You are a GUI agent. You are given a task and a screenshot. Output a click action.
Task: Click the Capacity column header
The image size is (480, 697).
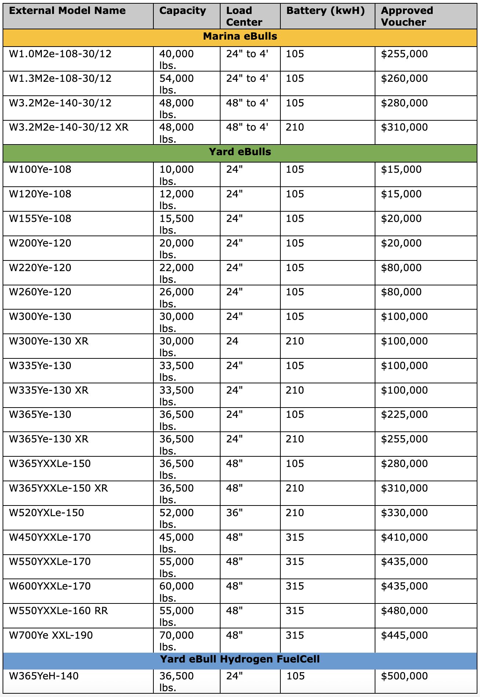pos(182,11)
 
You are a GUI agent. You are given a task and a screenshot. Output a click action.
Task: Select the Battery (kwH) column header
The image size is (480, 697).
pos(326,11)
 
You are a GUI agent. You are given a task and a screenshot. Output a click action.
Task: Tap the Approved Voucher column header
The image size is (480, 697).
pos(407,16)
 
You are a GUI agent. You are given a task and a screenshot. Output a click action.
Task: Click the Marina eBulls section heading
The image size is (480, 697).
pos(240,37)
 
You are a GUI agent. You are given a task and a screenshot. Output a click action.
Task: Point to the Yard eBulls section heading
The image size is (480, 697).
pos(240,152)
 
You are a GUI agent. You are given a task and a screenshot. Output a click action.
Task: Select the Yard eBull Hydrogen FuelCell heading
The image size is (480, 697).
pos(240,659)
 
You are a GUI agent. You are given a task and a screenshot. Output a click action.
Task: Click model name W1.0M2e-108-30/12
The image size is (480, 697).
pos(60,54)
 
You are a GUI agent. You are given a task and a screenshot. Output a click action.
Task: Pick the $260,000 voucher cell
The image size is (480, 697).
pos(404,79)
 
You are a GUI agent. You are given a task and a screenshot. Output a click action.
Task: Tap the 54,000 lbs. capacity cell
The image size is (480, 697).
pos(176,84)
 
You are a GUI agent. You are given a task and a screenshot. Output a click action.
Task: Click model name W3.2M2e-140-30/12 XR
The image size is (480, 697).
pos(69,127)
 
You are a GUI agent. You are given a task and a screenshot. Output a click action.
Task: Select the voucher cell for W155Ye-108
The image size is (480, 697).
pos(401,219)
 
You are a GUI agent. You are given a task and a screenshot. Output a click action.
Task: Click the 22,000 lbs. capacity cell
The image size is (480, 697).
pos(176,273)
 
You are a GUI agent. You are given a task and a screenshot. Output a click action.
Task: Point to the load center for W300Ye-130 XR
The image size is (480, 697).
pos(232,341)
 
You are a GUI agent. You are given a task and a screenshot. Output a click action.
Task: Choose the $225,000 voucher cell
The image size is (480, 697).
pos(404,415)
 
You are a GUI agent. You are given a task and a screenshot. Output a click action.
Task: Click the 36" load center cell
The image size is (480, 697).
pos(234,512)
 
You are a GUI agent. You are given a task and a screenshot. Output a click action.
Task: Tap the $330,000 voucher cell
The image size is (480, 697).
pos(404,512)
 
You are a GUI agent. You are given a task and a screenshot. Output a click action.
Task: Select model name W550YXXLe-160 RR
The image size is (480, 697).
pos(58,611)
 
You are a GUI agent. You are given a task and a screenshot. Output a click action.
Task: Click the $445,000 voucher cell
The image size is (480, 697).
pos(404,635)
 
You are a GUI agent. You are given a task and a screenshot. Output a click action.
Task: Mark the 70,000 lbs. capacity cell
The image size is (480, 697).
pos(176,641)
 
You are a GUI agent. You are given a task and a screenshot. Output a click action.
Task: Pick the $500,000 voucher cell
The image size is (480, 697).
pos(404,676)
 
